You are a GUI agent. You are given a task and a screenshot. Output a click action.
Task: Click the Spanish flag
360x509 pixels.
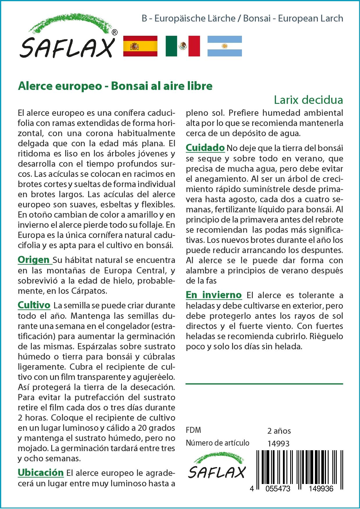pyautogui.click(x=140, y=46)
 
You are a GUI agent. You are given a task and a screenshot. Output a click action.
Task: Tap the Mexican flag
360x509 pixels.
pyautogui.click(x=183, y=46)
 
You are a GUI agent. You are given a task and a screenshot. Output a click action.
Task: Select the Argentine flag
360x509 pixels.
pyautogui.click(x=224, y=46)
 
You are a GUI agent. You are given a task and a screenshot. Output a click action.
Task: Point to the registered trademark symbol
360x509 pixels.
pyautogui.click(x=115, y=33)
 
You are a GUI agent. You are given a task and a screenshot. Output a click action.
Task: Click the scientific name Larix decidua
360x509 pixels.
pyautogui.click(x=308, y=100)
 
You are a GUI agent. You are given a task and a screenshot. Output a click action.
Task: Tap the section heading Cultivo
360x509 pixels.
pyautogui.click(x=34, y=305)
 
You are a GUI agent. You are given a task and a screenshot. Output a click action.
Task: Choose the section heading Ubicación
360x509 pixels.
pyautogui.click(x=40, y=472)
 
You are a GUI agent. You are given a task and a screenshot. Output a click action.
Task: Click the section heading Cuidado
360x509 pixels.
pyautogui.click(x=205, y=147)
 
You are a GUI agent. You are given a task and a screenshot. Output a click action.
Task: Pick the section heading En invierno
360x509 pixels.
pyautogui.click(x=214, y=295)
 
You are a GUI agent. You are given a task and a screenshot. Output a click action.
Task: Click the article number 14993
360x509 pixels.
pyautogui.click(x=278, y=444)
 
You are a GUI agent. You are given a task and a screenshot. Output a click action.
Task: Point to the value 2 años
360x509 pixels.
pyautogui.click(x=279, y=431)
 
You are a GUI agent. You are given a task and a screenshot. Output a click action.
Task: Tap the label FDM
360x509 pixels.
pyautogui.click(x=193, y=430)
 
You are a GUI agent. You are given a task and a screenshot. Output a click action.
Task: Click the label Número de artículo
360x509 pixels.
pyautogui.click(x=218, y=443)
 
